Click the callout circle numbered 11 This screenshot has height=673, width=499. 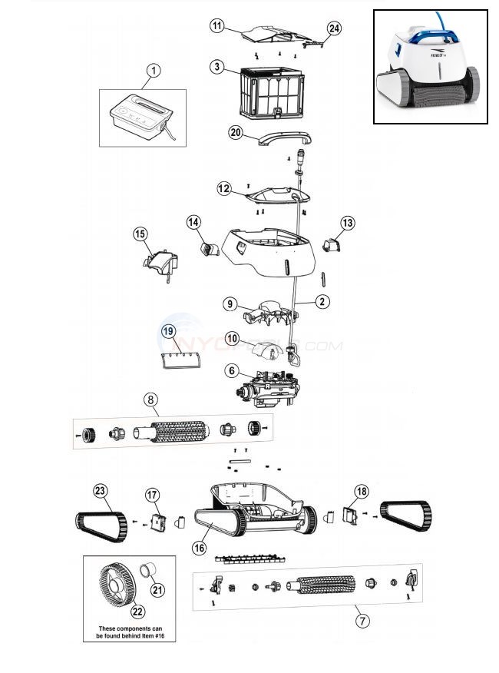[217, 27]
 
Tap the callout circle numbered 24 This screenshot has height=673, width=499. [333, 28]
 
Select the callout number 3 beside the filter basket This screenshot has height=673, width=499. [218, 68]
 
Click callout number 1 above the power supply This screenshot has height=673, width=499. [154, 71]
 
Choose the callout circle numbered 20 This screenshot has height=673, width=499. [236, 132]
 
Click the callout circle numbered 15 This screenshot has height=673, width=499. [140, 234]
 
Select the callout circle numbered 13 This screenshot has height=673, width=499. [348, 223]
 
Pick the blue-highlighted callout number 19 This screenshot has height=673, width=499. [169, 331]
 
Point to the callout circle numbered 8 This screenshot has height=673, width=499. [151, 399]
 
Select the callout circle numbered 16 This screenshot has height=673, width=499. [200, 548]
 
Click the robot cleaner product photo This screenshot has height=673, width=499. [430, 67]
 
